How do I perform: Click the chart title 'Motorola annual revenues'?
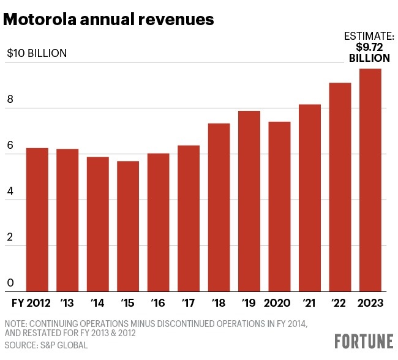coord(108,20)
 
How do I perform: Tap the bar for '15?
coord(128,226)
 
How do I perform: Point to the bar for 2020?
coord(279,206)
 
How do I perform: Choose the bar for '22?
coord(339,187)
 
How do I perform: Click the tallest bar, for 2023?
coord(369,180)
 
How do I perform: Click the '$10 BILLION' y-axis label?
coord(37,53)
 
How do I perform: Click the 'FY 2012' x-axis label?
coord(32,302)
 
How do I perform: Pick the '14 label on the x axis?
coord(97,302)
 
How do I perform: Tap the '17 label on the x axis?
coord(188,302)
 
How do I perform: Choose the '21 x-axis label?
coord(309,302)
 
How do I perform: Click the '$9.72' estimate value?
coord(369,47)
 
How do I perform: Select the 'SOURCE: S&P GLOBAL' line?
coord(47,345)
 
